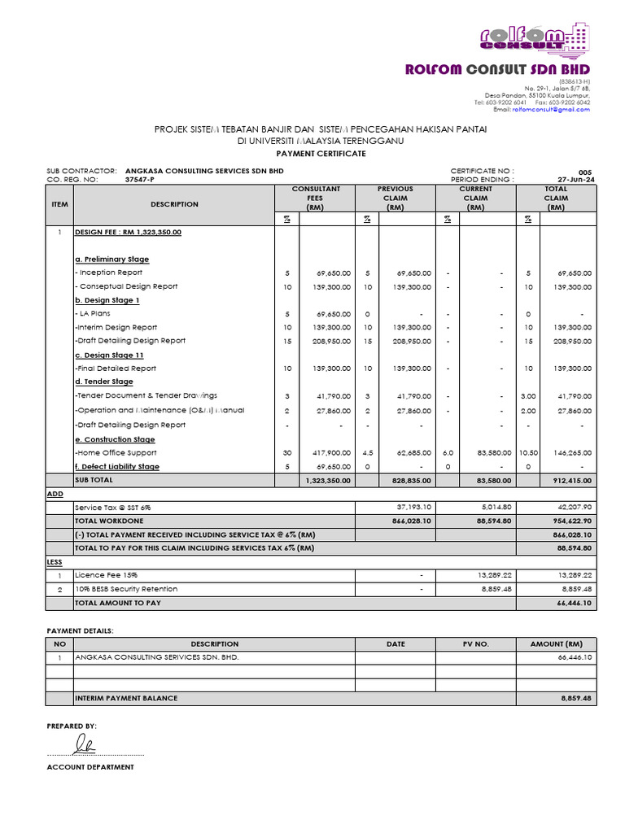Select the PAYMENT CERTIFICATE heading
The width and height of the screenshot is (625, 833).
point(321,153)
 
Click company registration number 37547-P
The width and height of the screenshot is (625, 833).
point(141,179)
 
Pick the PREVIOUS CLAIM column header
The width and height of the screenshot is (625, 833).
point(396,198)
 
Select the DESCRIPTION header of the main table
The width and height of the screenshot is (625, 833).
point(174,204)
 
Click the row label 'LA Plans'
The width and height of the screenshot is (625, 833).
point(94,313)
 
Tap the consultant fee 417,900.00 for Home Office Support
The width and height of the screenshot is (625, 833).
point(330,452)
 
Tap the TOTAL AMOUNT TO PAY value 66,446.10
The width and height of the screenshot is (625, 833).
point(574,603)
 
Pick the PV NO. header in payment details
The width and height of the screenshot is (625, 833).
point(475,643)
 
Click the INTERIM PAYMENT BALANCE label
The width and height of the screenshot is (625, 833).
point(126,698)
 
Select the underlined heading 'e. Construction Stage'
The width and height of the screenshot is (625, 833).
point(115,439)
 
